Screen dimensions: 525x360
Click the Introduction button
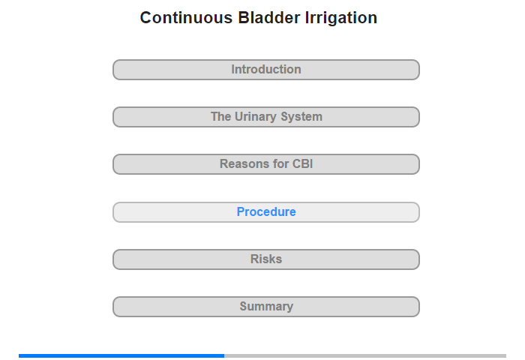tap(266, 70)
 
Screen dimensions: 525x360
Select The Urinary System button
tap(266, 117)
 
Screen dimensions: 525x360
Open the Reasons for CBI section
tap(266, 164)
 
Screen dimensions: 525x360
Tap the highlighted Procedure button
tap(266, 212)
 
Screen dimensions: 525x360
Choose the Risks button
tap(266, 259)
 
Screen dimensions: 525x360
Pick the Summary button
tap(266, 307)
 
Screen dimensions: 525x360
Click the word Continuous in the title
tap(186, 18)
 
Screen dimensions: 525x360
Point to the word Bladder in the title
tap(268, 18)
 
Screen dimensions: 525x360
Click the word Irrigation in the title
tap(341, 19)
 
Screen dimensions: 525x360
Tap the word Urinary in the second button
tap(256, 117)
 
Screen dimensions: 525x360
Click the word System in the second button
tap(301, 117)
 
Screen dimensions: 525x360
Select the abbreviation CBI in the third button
tap(303, 163)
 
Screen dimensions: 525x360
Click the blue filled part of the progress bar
tap(121, 355)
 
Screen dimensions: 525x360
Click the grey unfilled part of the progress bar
tap(365, 355)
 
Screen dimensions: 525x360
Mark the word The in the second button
tap(221, 116)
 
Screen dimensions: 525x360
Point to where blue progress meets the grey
tap(224, 355)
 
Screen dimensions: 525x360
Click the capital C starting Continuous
tap(145, 18)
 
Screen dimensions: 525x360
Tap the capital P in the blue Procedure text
tap(241, 211)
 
